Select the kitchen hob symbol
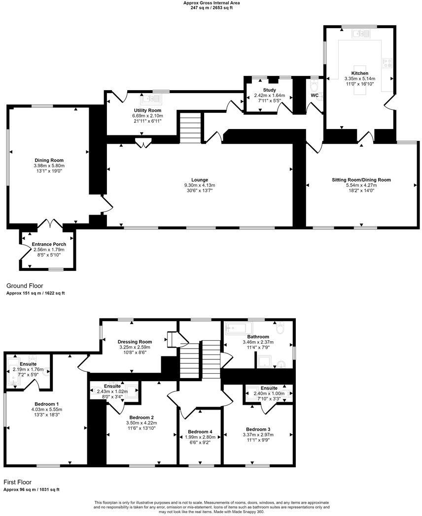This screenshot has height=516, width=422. click(387, 63)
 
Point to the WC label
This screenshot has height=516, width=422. click(314, 95)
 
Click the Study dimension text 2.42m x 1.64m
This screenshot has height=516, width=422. click(269, 96)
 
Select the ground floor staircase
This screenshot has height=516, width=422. click(190, 128)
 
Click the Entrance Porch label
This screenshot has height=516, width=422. click(49, 244)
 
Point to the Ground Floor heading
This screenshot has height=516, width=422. click(24, 286)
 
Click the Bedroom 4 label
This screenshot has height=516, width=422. click(200, 431)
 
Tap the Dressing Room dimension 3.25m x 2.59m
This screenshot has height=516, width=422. click(135, 347)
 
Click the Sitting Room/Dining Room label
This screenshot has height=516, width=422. click(361, 180)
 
